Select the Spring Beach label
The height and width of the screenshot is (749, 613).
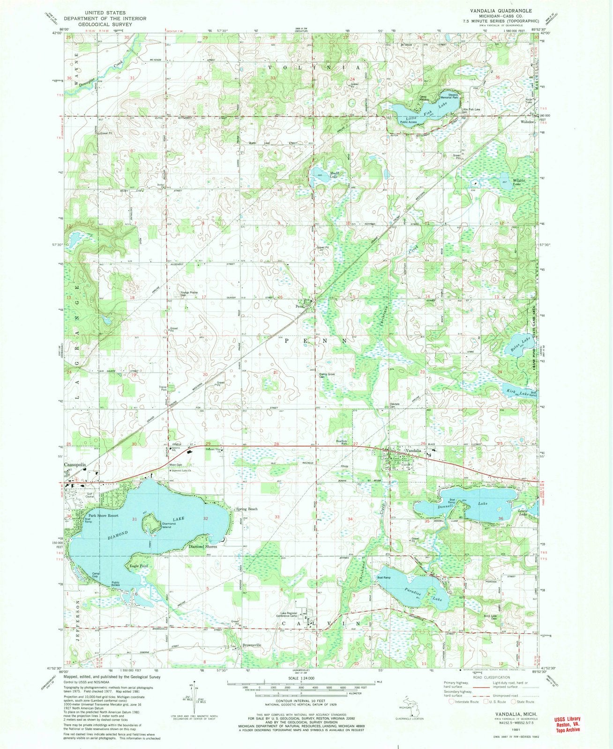[x=247, y=509]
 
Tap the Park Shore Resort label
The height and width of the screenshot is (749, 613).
[x=104, y=515]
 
